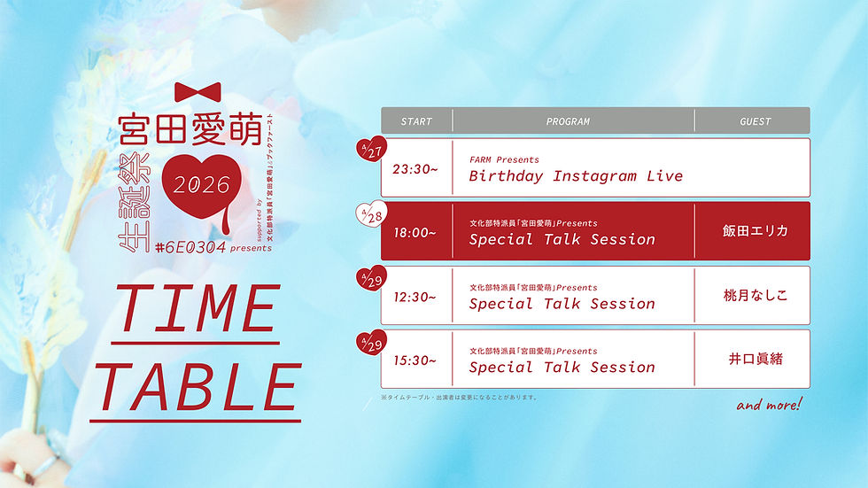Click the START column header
point(416,121)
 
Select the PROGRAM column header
point(568,121)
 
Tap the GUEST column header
point(755,121)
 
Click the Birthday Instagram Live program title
point(576,176)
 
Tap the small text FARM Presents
point(504,159)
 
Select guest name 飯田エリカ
point(755,231)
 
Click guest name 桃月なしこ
point(755,295)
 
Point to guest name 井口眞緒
point(755,359)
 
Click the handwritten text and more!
point(769,406)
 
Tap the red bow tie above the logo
point(198,92)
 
